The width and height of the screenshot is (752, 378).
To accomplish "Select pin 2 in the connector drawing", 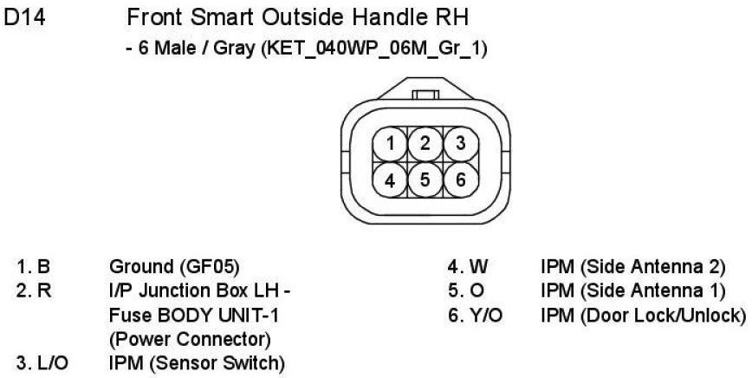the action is coord(425,143).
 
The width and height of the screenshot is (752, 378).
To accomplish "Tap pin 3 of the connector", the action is coord(460,143).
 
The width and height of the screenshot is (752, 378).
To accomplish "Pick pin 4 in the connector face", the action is coord(392,179).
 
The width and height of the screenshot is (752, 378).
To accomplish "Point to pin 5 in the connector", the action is coord(425,179).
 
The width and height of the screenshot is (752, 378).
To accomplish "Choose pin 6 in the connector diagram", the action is coord(460,179).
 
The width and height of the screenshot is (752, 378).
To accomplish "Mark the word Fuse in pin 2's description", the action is coord(126,314).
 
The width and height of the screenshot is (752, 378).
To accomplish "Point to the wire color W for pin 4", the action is coord(477,267).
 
